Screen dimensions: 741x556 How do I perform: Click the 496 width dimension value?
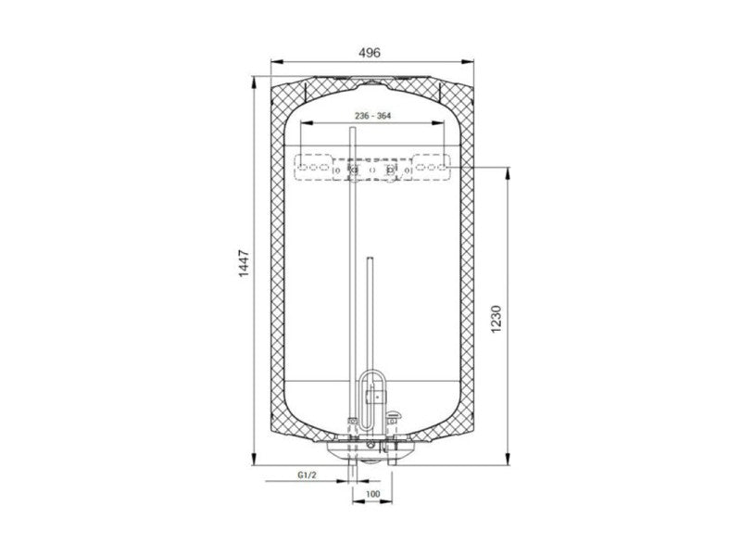pyautogui.click(x=369, y=53)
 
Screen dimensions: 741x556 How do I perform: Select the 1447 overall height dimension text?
pyautogui.click(x=244, y=263)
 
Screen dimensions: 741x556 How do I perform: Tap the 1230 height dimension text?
pyautogui.click(x=496, y=319)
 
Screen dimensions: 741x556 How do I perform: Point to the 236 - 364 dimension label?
pyautogui.click(x=373, y=115)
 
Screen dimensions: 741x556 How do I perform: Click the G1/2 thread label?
pyautogui.click(x=307, y=475)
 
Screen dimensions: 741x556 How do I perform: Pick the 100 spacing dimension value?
pyautogui.click(x=373, y=494)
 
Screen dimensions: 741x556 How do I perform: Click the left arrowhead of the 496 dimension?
pyautogui.click(x=276, y=61)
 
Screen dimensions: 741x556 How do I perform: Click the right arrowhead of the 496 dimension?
pyautogui.click(x=468, y=61)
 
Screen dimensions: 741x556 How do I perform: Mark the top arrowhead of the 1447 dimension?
pyautogui.click(x=254, y=82)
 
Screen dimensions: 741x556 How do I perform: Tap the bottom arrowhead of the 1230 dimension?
pyautogui.click(x=508, y=459)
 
